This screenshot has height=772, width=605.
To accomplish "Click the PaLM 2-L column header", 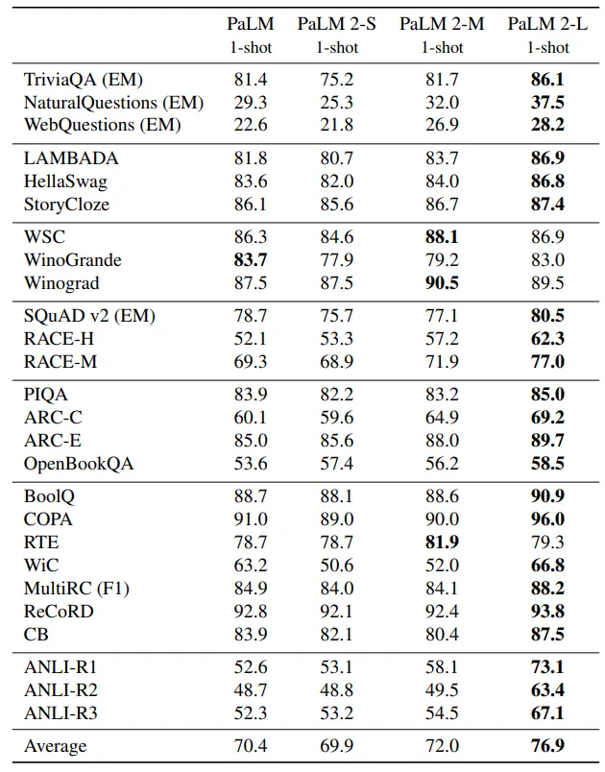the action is coord(547,24).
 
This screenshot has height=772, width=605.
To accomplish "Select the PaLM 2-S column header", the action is coord(337,24).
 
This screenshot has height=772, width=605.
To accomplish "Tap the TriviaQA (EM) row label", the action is coord(84,80).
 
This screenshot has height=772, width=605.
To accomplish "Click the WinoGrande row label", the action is coord(72,259).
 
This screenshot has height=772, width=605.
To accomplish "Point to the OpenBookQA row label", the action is coord(79,464).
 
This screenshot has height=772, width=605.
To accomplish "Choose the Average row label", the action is coord(55,746).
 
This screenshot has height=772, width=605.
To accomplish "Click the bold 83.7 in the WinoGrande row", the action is coord(251,259).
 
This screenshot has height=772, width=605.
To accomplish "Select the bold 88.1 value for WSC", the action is coord(442,237).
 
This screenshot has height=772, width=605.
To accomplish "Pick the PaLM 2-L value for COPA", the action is coord(547,519).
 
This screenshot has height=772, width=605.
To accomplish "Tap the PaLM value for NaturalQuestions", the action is coord(251,103).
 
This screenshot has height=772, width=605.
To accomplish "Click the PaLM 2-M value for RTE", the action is coord(442,543).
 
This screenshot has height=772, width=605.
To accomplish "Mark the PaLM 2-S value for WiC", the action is coord(337,566).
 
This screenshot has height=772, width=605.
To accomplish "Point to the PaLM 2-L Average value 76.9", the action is coord(547,746).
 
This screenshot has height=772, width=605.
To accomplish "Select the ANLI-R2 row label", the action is coord(60,689).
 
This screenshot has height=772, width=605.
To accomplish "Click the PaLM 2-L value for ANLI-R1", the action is coord(547,667).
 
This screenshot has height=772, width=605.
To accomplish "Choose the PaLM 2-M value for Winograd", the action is coord(442,283).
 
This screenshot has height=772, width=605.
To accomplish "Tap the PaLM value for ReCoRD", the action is coord(251,611).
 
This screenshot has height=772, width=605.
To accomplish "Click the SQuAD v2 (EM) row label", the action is coord(89,316).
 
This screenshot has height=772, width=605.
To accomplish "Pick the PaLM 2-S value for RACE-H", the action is coord(337,339).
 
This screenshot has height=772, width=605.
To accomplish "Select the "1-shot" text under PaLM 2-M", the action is coord(442,48).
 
